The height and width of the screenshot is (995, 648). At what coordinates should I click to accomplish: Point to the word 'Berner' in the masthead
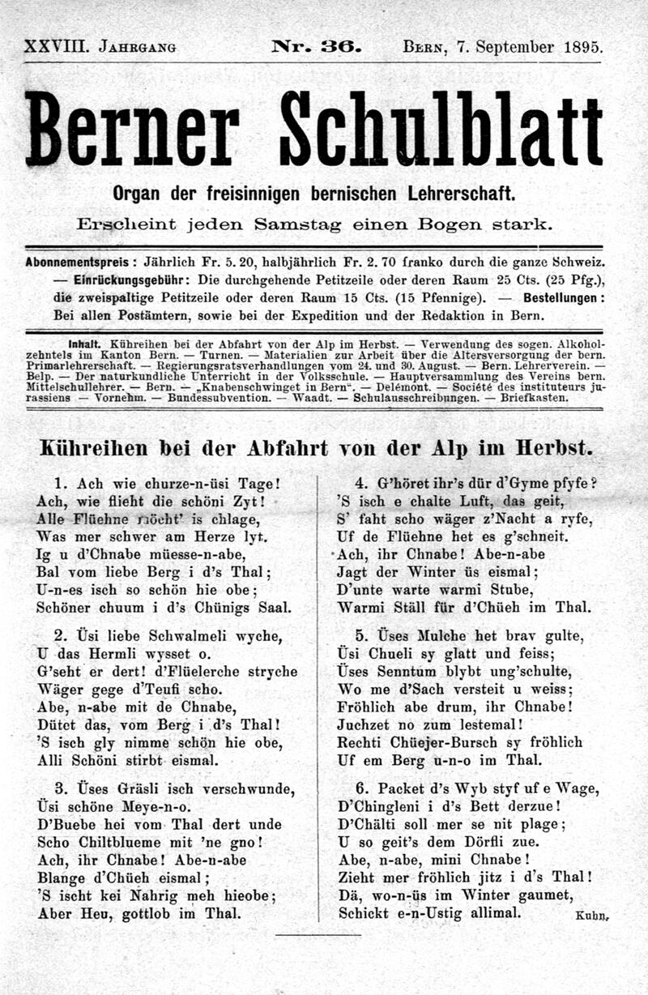(x=133, y=130)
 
